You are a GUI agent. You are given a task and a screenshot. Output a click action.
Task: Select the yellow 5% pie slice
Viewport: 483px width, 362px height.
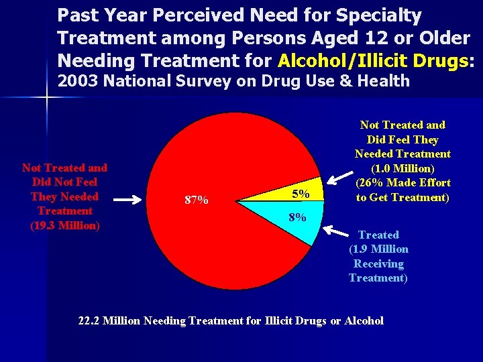coord(295,192)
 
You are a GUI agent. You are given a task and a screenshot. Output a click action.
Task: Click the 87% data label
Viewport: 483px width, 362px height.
coord(196,200)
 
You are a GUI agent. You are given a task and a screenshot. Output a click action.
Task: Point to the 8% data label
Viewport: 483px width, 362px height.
coord(297,217)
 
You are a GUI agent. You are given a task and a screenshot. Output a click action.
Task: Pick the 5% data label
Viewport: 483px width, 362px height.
coord(301,194)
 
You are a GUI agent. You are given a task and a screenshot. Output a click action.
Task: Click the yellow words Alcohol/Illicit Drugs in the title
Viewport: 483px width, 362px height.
coord(372,61)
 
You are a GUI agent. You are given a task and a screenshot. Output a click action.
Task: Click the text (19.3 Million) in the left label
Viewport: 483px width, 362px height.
coord(65,225)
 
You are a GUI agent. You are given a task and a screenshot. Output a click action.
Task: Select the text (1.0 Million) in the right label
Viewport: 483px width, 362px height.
coord(402,168)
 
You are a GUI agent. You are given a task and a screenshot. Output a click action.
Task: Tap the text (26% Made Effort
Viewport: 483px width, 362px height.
coord(403,183)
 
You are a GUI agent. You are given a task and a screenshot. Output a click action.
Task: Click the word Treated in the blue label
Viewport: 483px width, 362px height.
coord(378,235)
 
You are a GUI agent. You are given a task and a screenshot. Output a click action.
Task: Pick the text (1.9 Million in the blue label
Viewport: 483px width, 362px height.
coord(378,249)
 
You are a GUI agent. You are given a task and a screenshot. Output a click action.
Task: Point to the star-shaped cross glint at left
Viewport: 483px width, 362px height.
coord(47,99)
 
